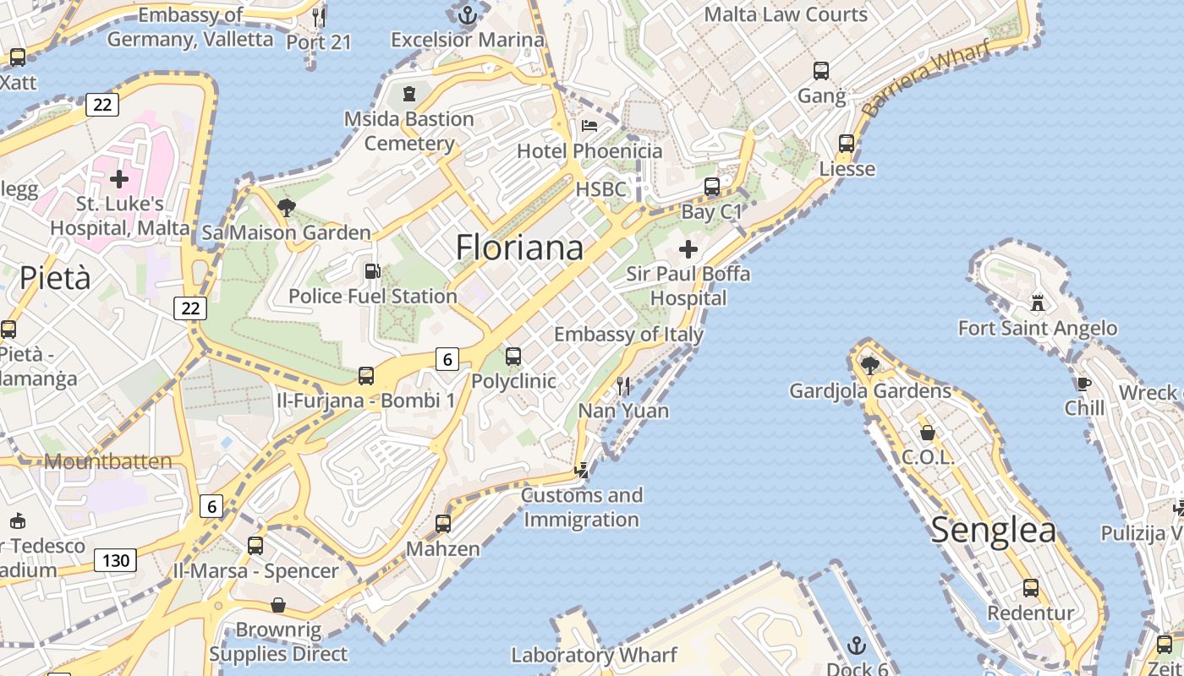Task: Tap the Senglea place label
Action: pos(993,531)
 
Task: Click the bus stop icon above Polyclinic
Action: pos(513,357)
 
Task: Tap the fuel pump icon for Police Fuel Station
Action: pos(371,271)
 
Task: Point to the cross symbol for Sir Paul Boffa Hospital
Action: pos(688,249)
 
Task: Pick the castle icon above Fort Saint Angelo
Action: pos(1038,303)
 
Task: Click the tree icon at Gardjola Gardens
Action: pos(869,365)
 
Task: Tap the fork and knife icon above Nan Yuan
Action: pos(623,386)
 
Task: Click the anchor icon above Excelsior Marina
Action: pos(467,14)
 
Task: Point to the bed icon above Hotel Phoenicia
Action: pos(589,126)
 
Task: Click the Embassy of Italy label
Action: pos(628,335)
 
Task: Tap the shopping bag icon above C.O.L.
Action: pos(928,433)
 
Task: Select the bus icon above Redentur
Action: pos(1030,588)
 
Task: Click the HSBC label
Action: pos(601,189)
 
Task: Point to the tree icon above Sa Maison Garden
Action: pos(286,207)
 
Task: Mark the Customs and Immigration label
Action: pos(582,507)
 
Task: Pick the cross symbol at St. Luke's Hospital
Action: pos(119,179)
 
